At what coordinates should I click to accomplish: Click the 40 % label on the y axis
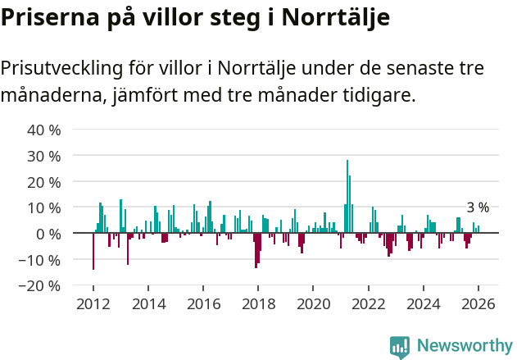coord(44,130)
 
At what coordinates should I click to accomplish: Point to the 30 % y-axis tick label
coord(44,156)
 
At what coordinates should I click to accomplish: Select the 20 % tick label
coord(44,182)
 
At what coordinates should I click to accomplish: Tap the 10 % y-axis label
coord(44,208)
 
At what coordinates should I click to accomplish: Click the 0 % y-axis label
coord(48,235)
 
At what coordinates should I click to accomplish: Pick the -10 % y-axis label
coord(41,260)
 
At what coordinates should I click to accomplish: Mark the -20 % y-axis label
coord(41,286)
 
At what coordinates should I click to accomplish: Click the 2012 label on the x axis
coord(93,304)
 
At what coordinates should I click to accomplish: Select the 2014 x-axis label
coord(148,304)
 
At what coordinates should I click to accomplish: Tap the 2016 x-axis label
coord(203,304)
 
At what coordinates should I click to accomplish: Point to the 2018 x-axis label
coord(258,304)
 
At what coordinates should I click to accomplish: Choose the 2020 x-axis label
coord(313,304)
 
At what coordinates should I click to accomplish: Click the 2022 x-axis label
coord(368,304)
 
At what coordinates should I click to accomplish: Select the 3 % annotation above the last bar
coord(478,207)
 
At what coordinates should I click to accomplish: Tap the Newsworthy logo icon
coord(400,347)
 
